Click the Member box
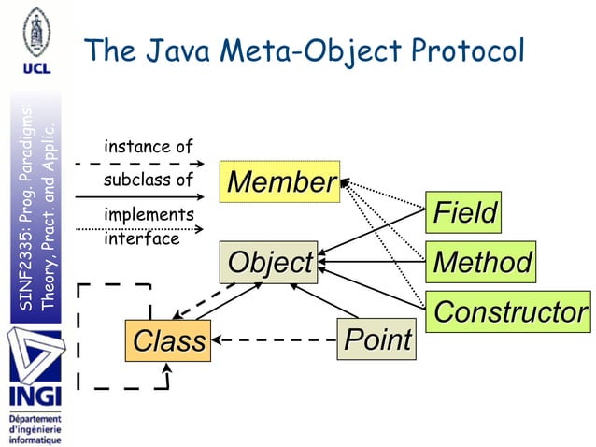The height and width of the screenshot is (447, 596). (280, 182)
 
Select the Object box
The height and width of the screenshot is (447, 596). (269, 262)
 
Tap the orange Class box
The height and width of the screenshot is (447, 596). (168, 340)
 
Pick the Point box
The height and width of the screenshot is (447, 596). (376, 339)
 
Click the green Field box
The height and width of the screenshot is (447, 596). (463, 212)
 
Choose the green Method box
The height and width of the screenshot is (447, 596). (481, 262)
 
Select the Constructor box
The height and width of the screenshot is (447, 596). (510, 310)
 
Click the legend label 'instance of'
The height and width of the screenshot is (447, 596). (149, 147)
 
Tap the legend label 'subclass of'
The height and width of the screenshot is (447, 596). (149, 180)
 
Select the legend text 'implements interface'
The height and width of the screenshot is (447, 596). (149, 226)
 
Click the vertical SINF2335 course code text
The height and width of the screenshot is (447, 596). (26, 243)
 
